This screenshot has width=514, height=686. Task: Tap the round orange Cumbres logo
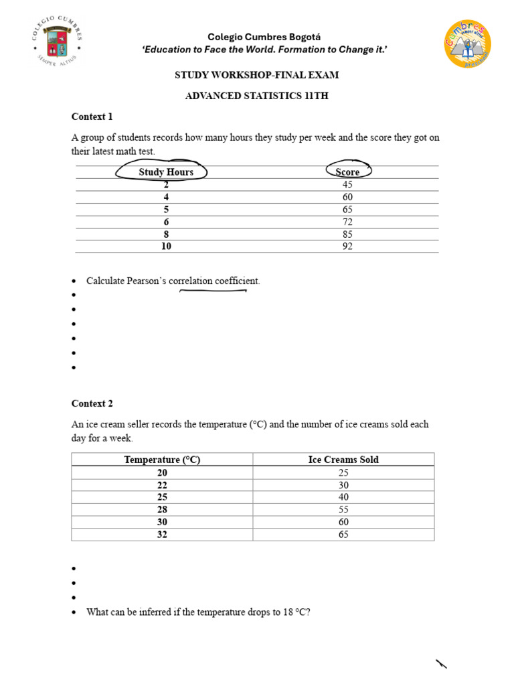point(468,44)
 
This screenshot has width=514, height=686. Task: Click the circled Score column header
point(347,172)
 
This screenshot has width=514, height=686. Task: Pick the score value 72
point(347,222)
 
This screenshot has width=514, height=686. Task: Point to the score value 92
point(347,247)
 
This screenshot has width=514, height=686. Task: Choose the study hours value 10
point(166,247)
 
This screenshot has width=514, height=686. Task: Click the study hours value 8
point(166,234)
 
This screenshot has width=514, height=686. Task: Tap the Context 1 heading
point(92,117)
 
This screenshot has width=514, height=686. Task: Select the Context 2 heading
point(92,403)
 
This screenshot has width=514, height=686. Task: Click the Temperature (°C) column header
point(162,460)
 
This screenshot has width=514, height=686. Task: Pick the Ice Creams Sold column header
point(343,460)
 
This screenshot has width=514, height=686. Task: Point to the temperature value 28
point(162,510)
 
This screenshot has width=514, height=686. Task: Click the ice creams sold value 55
point(343,510)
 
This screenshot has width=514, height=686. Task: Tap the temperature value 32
point(162,535)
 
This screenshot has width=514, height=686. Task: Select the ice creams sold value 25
point(343,472)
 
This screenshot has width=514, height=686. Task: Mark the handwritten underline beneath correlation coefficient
point(213,291)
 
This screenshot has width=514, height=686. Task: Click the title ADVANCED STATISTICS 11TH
point(257,96)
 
